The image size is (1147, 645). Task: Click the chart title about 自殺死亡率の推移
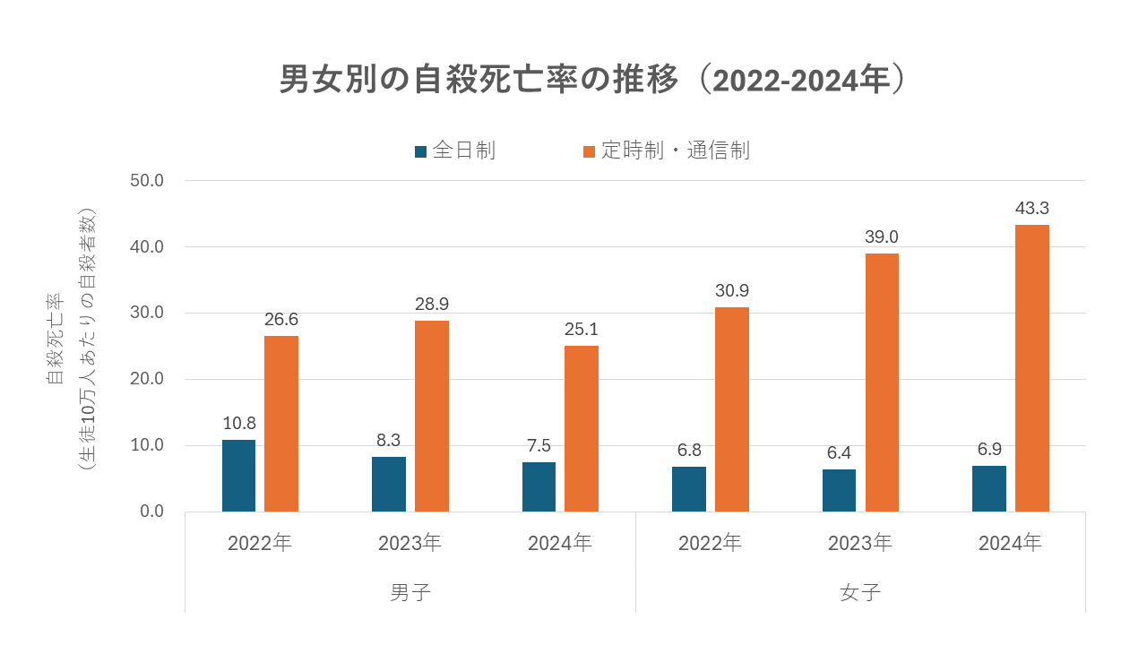593,80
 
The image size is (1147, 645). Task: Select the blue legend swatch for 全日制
420,152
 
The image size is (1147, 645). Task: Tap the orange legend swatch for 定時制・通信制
589,152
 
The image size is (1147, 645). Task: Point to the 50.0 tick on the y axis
146,181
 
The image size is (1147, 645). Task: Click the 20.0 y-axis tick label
146,379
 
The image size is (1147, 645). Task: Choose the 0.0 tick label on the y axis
151,512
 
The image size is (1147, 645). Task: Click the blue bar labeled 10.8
238,476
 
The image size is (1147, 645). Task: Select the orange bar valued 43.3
1031,368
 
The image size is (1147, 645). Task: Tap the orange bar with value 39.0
882,383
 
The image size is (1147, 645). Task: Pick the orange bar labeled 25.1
582,428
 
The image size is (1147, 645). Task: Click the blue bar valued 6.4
839,490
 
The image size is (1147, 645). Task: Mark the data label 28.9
432,305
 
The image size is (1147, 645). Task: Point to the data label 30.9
732,291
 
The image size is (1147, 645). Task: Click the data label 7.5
539,446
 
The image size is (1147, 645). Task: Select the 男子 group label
410,593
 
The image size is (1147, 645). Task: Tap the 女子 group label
860,593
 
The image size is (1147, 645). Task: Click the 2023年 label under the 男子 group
410,544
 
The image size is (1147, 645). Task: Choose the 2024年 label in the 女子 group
1010,544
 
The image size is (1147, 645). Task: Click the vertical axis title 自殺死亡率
55,339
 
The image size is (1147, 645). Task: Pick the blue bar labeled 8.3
389,485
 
